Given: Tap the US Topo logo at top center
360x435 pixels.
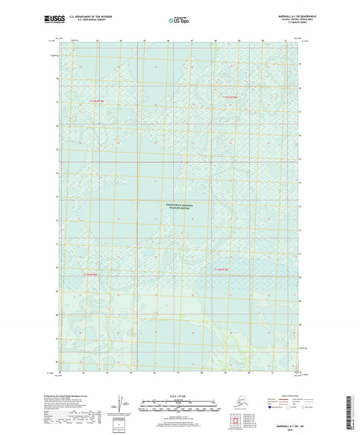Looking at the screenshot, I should tap(179, 21).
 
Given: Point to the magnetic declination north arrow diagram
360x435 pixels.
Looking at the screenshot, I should tap(121, 405).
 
